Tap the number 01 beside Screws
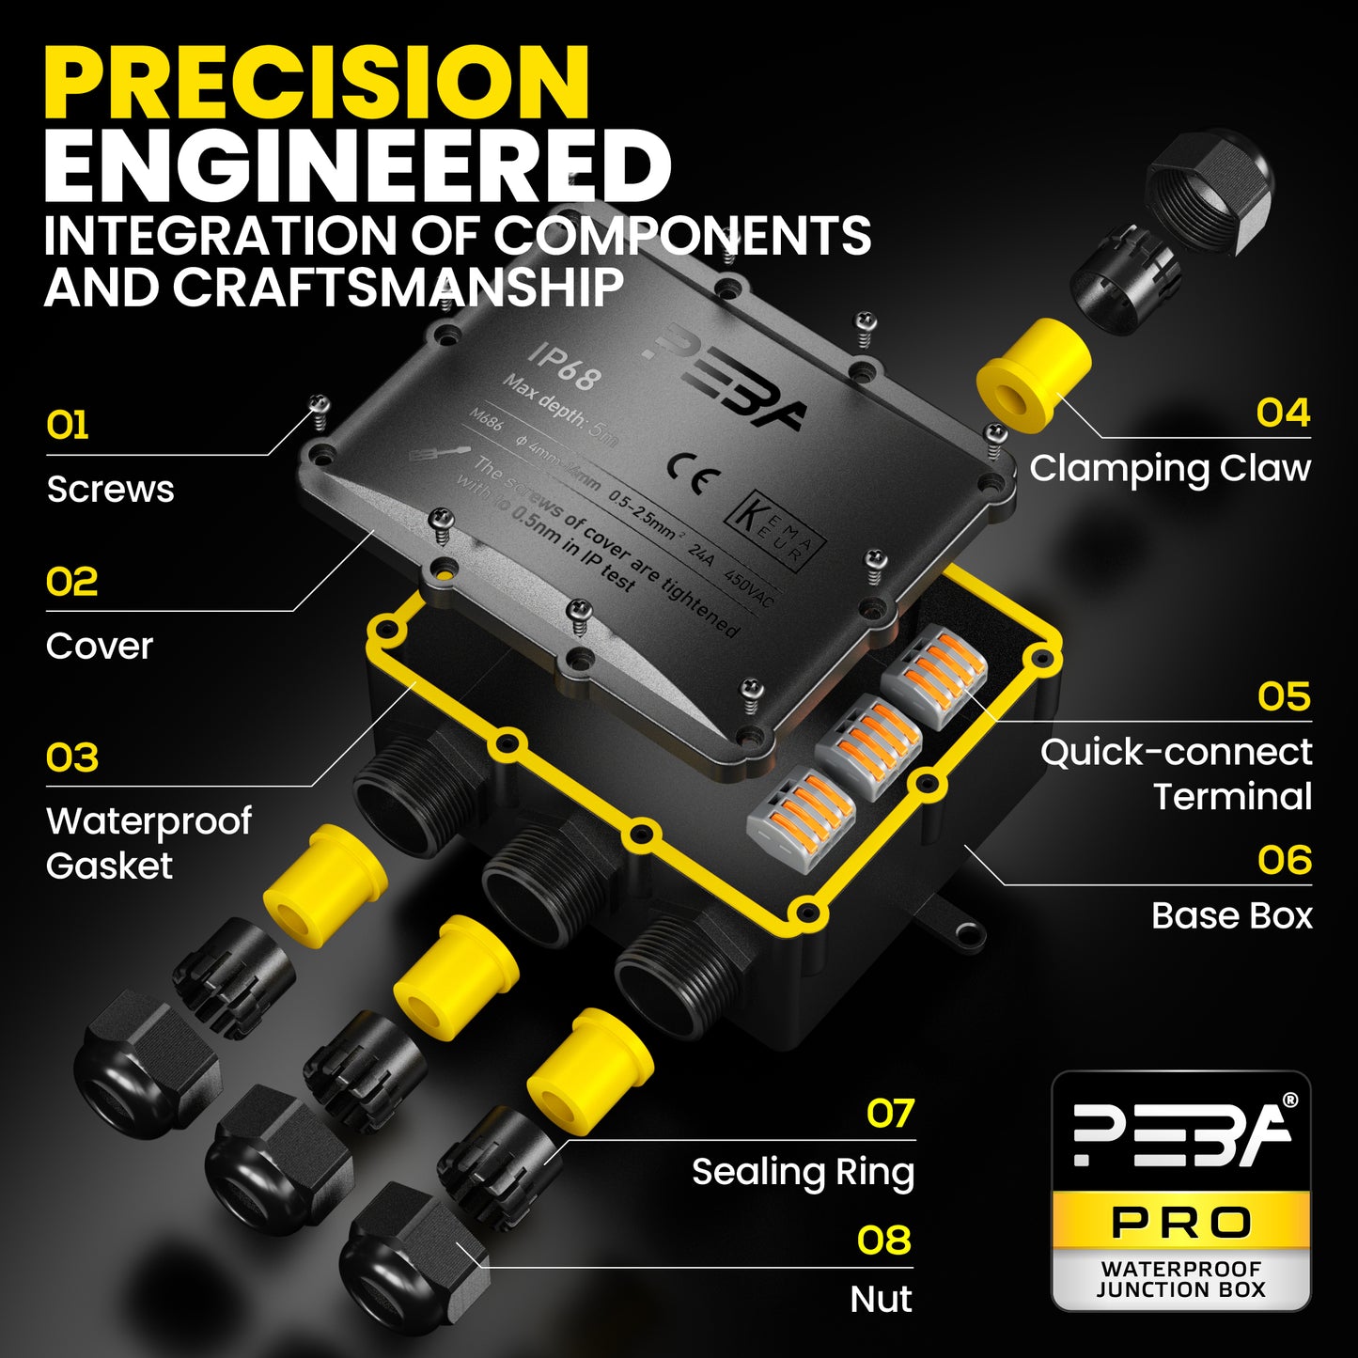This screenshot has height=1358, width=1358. tap(68, 426)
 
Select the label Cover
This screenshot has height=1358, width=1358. tap(100, 646)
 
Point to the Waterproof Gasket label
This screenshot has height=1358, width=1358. tap(148, 843)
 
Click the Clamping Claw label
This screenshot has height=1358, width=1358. tap(1169, 468)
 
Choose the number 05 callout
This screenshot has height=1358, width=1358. tap(1284, 697)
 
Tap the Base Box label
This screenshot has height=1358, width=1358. tap(1231, 915)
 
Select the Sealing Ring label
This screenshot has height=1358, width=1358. tap(803, 1172)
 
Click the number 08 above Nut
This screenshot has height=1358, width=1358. tap(883, 1241)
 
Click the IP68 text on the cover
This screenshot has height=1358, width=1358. tap(562, 366)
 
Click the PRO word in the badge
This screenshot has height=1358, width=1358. tap(1181, 1223)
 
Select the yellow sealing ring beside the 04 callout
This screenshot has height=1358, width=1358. tap(1032, 374)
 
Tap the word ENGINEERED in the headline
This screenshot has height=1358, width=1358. tap(357, 166)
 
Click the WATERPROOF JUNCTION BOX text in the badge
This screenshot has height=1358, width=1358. tap(1181, 1280)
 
